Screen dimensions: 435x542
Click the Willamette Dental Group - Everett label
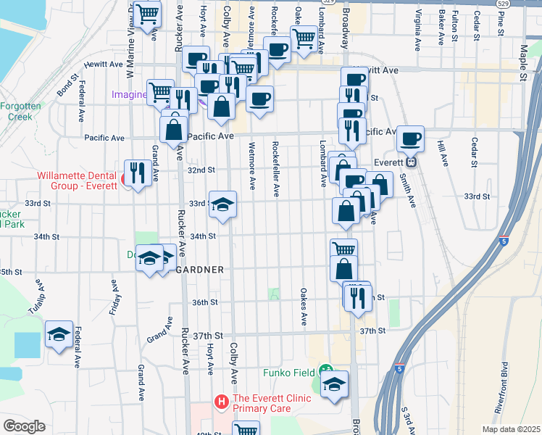[78, 180]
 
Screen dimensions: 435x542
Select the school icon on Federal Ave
[59, 334]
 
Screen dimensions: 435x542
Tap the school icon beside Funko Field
[334, 384]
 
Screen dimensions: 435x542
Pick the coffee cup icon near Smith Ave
[410, 138]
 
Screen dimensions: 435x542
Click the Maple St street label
[523, 63]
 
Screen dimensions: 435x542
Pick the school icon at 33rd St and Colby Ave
[222, 204]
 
